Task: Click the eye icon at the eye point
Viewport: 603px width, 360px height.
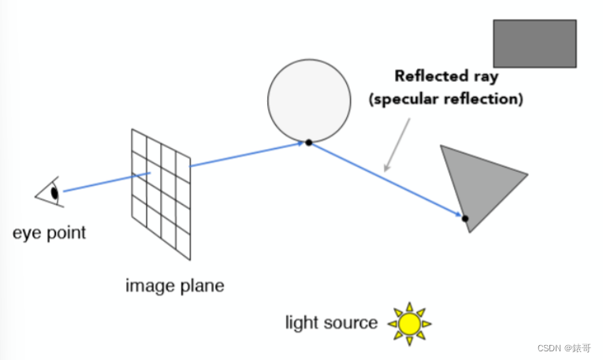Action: point(50,191)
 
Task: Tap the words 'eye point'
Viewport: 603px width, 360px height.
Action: point(49,233)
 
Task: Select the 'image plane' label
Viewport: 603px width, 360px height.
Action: point(174,285)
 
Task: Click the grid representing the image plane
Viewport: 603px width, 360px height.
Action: point(161,192)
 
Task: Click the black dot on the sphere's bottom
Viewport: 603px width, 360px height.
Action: point(309,143)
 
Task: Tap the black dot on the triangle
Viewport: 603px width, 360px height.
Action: point(465,218)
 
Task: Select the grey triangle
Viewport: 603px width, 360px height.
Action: point(478,184)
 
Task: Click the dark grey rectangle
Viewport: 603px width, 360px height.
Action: point(534,43)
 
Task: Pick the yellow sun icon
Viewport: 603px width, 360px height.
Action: point(409,323)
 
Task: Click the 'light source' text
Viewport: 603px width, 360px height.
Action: point(331,322)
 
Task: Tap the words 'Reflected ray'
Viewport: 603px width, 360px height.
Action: point(446,76)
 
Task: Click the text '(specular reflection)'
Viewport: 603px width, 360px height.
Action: point(447,100)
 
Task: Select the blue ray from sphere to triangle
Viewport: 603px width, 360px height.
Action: point(386,180)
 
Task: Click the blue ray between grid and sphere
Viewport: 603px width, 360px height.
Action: point(248,154)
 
